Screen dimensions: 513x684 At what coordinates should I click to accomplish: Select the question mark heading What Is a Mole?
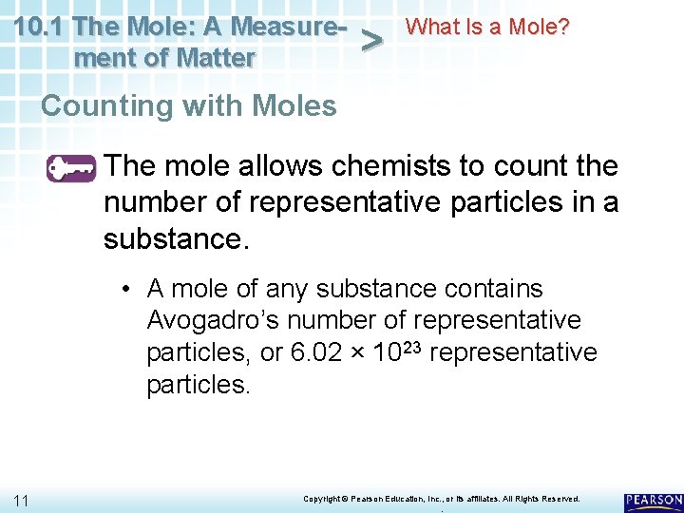tap(487, 27)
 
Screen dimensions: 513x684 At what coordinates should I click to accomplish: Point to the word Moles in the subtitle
tap(295, 105)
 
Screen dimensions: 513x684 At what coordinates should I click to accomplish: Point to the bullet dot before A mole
tap(126, 289)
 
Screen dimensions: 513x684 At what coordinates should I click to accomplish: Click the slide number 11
tap(21, 500)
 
